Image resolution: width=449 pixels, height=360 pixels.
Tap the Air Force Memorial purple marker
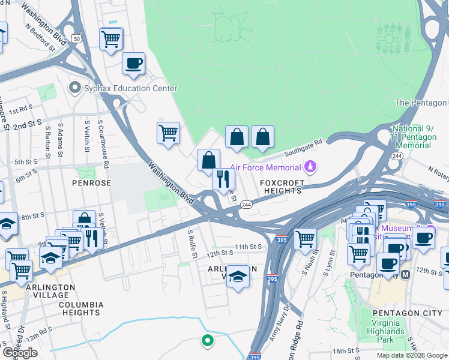tap(310, 166)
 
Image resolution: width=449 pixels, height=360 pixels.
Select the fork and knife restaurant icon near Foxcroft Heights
tap(223, 178)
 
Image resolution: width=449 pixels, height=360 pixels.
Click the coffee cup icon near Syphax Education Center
tap(133, 63)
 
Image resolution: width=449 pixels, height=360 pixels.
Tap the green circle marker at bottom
tap(207, 341)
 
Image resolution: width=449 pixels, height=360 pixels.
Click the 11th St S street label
tap(249, 247)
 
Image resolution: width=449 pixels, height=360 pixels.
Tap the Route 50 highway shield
tap(76, 38)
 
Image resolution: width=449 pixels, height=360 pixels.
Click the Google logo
tap(19, 353)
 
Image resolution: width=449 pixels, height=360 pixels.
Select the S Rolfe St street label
tap(193, 244)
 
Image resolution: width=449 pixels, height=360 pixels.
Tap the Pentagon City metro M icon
tap(405, 275)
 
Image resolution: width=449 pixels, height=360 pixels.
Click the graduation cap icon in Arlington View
tap(238, 277)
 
